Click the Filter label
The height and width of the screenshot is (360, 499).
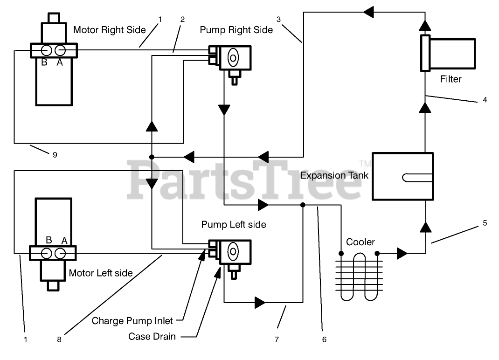[x=450, y=79]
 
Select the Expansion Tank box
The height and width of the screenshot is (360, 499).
[x=402, y=176]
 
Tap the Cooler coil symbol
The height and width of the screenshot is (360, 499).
[x=359, y=276]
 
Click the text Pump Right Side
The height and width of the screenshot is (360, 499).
[x=236, y=30]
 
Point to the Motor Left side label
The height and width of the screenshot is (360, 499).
[x=101, y=273]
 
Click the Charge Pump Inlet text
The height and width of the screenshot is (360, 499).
[x=132, y=321]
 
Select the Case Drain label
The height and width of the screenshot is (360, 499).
[x=152, y=336]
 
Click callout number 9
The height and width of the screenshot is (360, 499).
[x=55, y=155]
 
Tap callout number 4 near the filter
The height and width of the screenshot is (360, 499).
[x=485, y=100]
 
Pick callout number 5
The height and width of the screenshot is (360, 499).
[x=485, y=223]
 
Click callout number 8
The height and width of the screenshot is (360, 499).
[x=59, y=339]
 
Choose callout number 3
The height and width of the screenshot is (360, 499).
[x=278, y=20]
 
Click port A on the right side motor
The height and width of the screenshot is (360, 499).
[x=60, y=50]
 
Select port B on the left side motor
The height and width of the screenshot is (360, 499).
[x=47, y=253]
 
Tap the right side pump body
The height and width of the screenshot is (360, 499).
[x=235, y=58]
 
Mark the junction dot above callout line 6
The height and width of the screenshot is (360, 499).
[x=303, y=205]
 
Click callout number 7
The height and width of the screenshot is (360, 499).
[x=277, y=339]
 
